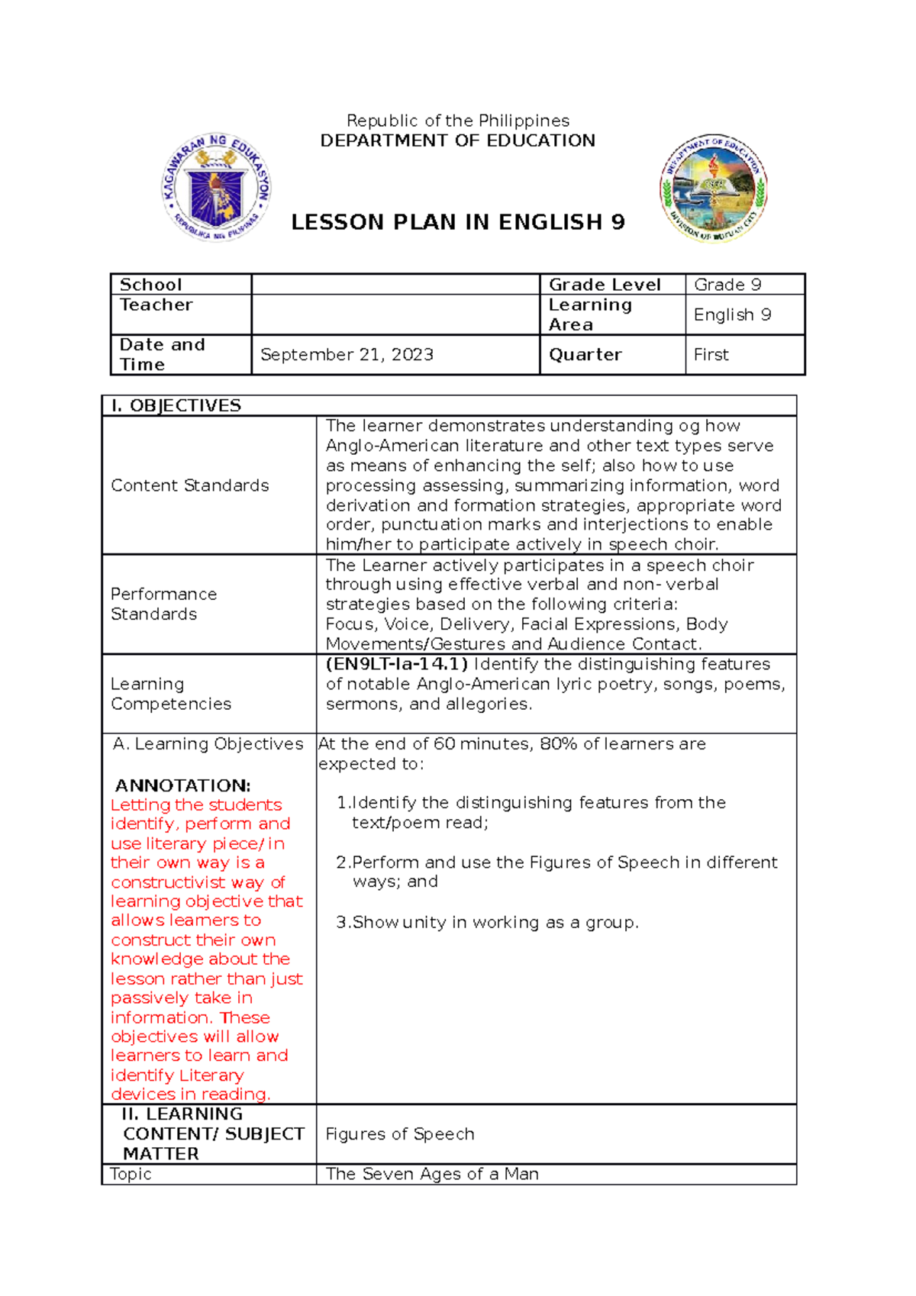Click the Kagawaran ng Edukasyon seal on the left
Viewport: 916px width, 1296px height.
(217, 188)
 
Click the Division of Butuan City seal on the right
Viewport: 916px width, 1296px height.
(714, 188)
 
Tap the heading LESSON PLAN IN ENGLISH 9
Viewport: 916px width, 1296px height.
(458, 222)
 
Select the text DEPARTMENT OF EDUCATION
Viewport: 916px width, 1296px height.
(457, 140)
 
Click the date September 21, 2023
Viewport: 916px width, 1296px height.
(347, 354)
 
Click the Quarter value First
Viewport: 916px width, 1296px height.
(711, 354)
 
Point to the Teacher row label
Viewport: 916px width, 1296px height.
(156, 305)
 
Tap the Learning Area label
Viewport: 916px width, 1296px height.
(589, 314)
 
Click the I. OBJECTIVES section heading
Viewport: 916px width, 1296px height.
(176, 405)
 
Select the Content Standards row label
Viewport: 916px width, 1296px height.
(189, 485)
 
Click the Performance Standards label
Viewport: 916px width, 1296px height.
(163, 604)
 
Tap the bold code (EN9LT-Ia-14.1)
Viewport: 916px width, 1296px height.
(397, 664)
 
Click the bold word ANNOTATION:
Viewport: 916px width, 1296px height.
(182, 785)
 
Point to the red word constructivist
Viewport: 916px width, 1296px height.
(168, 882)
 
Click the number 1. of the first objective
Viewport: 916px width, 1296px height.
(343, 803)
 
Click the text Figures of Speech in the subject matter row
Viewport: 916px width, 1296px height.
(400, 1134)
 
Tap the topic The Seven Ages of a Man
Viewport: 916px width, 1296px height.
(432, 1174)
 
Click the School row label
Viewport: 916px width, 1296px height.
(150, 285)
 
